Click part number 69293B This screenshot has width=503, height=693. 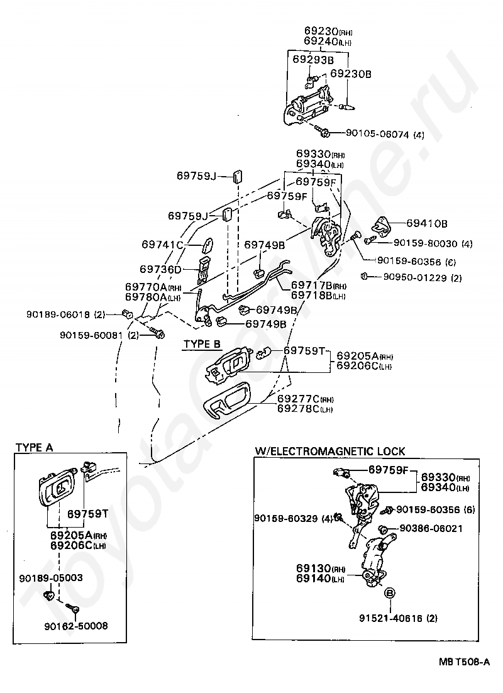coord(313,60)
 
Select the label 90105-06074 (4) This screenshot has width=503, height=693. coord(385,134)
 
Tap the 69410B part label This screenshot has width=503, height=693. coord(426,224)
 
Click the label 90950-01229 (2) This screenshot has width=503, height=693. coord(422,277)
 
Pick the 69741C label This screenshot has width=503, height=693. coord(162,245)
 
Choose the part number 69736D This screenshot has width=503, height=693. coord(160,269)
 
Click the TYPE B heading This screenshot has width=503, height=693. coord(202,344)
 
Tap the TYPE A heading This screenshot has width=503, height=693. coord(35,448)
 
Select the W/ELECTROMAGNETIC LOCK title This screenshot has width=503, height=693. coord(329,452)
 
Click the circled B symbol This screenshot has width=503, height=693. coord(390,593)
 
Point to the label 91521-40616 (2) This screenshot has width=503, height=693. coord(398,618)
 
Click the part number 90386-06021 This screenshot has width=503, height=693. coord(431,529)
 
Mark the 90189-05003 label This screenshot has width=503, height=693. coord(51,578)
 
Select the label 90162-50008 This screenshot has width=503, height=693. coord(76,626)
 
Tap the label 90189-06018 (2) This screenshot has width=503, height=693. coord(66,314)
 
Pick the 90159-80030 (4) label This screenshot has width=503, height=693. coord(433,243)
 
